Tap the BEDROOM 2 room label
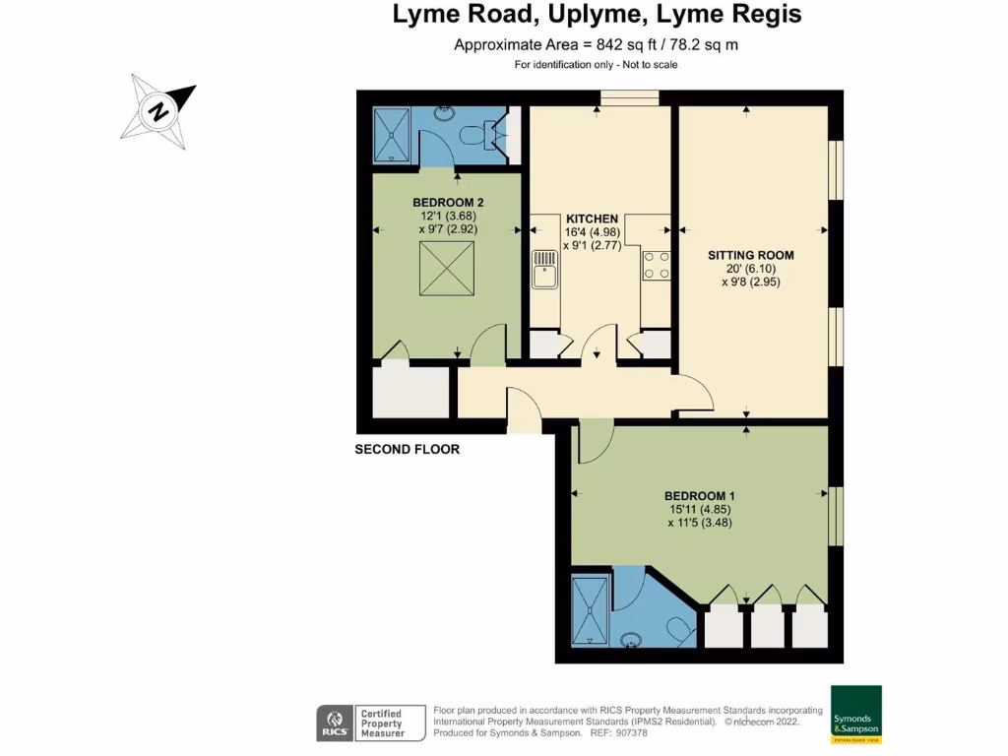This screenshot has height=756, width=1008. (448, 202)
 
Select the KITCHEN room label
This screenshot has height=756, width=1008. (592, 219)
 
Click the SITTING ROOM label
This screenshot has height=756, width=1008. (751, 255)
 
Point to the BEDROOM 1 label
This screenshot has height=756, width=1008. (700, 495)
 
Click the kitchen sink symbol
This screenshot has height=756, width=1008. (544, 271)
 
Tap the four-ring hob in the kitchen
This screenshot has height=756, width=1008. (657, 265)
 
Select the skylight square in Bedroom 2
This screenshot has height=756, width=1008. (442, 268)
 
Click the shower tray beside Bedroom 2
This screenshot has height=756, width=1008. (395, 135)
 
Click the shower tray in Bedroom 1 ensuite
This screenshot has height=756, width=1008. (592, 611)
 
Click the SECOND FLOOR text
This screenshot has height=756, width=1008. (407, 449)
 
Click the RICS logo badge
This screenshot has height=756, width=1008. (333, 724)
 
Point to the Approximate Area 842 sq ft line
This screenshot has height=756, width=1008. (597, 44)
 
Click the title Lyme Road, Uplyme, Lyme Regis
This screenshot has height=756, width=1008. (597, 15)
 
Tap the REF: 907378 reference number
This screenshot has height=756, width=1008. (618, 733)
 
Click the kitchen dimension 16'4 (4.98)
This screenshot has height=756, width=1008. (592, 232)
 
